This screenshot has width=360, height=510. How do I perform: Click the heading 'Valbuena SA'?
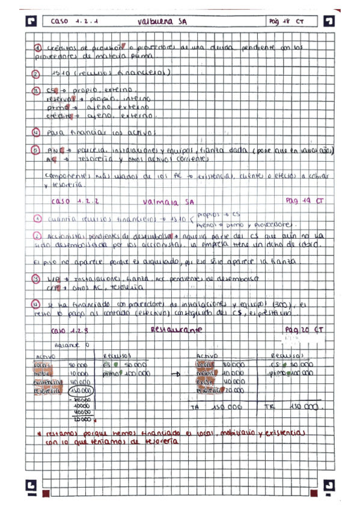(162, 21)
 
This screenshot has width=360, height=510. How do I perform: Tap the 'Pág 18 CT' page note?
(287, 21)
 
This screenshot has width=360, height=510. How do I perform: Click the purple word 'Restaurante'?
(176, 330)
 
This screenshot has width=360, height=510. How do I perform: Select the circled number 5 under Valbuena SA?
(36, 150)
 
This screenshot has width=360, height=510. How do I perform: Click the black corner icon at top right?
(329, 21)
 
